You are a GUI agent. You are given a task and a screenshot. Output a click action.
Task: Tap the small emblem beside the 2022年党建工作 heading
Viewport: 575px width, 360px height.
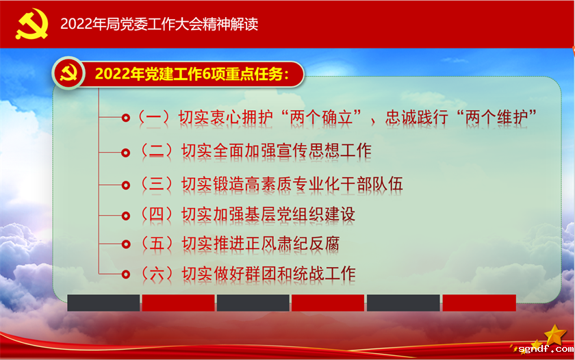click(x=68, y=73)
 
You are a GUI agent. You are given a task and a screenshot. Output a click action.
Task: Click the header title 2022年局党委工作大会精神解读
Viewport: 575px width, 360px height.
click(x=159, y=24)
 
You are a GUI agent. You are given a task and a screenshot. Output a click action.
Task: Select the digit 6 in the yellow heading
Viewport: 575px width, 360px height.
click(x=208, y=74)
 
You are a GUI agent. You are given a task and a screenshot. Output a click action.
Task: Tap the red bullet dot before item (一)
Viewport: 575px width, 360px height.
click(x=125, y=118)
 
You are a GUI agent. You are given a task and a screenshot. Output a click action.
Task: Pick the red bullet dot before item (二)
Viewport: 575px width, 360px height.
click(x=125, y=152)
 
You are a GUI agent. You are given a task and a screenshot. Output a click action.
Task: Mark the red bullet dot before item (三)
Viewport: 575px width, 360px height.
click(x=125, y=185)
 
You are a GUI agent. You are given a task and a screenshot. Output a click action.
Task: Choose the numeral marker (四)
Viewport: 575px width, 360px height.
click(x=156, y=214)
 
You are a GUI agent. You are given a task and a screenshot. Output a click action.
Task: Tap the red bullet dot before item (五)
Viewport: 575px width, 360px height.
click(x=125, y=244)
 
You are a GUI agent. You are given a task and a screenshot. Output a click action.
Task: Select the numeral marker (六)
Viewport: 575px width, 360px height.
click(x=156, y=274)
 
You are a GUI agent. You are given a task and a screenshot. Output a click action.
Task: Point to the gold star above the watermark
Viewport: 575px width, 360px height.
click(x=554, y=333)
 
